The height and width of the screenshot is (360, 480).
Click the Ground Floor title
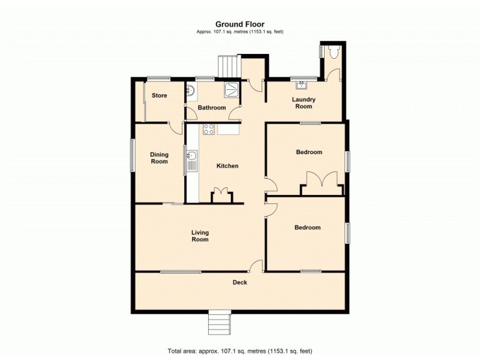tap(239, 25)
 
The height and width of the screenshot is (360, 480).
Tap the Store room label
tap(159, 95)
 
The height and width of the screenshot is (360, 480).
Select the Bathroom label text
tap(212, 108)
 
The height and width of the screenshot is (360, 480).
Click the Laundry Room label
tap(304, 103)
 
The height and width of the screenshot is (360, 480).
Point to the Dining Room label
tap(159, 158)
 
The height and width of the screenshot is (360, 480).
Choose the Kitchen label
tap(227, 166)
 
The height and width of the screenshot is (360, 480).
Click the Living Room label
tap(200, 236)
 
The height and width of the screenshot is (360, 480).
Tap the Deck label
tap(240, 282)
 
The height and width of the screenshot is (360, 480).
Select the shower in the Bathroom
tap(231, 90)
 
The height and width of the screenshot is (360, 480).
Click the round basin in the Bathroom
tap(191, 91)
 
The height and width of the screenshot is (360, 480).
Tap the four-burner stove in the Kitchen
tap(209, 128)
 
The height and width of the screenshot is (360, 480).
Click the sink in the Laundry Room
tap(301, 85)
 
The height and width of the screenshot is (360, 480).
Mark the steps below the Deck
tap(219, 323)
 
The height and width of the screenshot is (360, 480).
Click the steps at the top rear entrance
tap(229, 66)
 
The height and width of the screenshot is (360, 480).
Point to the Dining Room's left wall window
tap(133, 156)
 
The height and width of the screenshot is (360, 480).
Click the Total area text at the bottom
tap(239, 350)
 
